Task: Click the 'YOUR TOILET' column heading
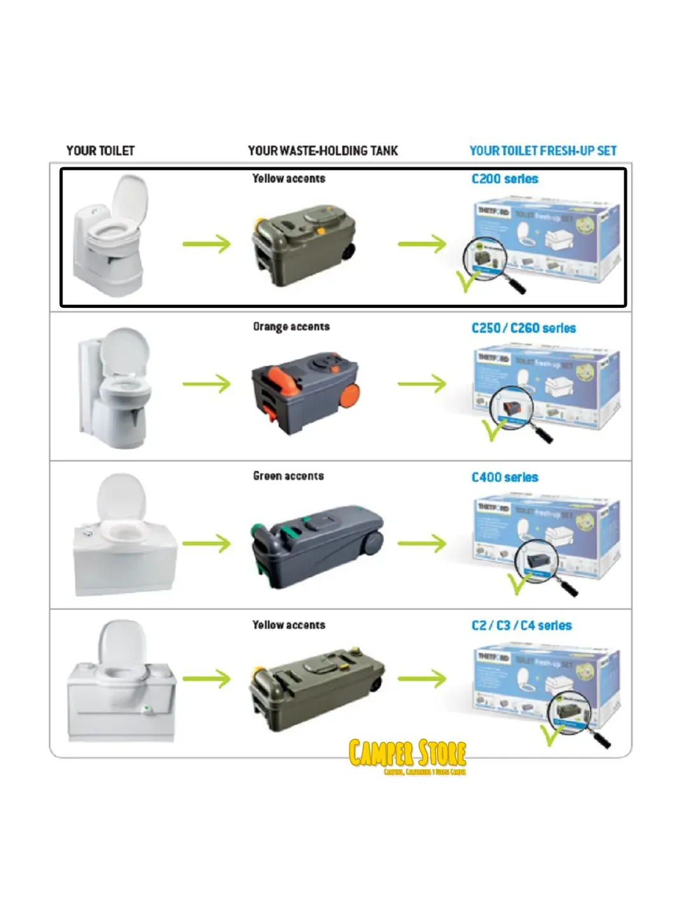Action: [x=101, y=151]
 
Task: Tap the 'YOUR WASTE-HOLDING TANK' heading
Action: [x=323, y=151]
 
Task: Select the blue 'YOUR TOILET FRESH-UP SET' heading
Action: [x=543, y=151]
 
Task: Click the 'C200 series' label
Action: [x=505, y=179]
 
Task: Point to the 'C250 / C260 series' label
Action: [x=523, y=328]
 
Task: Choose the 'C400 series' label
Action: [x=505, y=477]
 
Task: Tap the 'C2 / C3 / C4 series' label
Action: [x=521, y=626]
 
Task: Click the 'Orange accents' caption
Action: [x=291, y=327]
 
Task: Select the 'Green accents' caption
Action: [x=288, y=476]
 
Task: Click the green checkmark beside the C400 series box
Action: [x=517, y=583]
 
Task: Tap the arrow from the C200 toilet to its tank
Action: [x=206, y=244]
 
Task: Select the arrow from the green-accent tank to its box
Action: [x=422, y=544]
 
